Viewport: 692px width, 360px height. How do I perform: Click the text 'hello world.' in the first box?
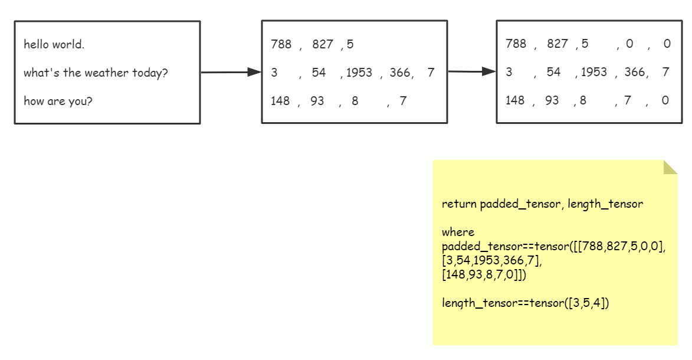pos(54,44)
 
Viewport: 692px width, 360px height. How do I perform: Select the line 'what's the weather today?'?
pos(96,73)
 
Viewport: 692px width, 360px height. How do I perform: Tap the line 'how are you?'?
pos(58,101)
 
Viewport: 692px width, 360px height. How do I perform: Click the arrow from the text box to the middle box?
pos(231,72)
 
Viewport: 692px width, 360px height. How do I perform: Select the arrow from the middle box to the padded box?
pos(471,71)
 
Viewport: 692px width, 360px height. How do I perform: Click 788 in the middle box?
pos(281,44)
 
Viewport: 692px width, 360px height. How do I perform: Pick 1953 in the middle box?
pos(359,73)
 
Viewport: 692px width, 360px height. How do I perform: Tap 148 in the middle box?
pos(280,101)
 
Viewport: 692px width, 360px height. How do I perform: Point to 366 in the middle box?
pos(399,73)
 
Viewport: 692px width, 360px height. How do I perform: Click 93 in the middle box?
pos(317,101)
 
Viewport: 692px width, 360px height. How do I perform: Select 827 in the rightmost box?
pos(557,44)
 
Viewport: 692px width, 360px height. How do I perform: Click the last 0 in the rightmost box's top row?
pos(667,44)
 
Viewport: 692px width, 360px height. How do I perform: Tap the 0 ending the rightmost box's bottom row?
pos(665,100)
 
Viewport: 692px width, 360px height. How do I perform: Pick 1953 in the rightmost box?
pos(594,72)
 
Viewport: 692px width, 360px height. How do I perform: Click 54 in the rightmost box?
pos(553,72)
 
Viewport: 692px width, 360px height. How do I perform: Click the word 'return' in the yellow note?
pos(459,204)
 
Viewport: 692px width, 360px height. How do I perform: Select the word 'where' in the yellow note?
pos(458,232)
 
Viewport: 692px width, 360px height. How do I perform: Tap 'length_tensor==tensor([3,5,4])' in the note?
pos(525,303)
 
